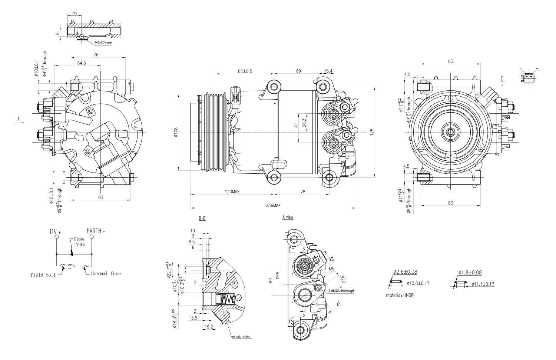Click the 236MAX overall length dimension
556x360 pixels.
tap(273, 205)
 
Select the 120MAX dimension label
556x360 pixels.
tap(232, 191)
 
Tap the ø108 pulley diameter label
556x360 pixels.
tap(176, 132)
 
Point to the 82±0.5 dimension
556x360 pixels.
tap(245, 71)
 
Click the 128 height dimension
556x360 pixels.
tap(372, 132)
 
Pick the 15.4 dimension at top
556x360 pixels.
tap(328, 71)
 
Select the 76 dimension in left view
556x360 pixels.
tap(96, 55)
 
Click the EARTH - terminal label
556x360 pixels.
tap(96, 231)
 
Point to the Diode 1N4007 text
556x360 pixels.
tap(79, 242)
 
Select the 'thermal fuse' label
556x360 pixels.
tap(105, 273)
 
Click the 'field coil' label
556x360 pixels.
tap(43, 275)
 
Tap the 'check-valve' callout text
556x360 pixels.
tap(242, 337)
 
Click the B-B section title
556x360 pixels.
tap(202, 219)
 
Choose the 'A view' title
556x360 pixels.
tap(287, 217)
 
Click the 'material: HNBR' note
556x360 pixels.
tap(400, 295)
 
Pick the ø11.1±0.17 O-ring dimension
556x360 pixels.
tap(483, 284)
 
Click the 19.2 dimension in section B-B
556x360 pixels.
tap(209, 327)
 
